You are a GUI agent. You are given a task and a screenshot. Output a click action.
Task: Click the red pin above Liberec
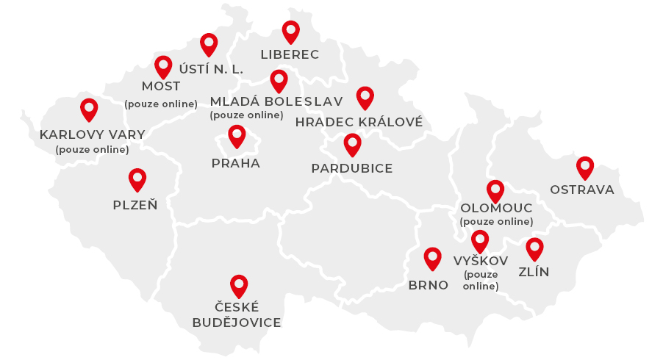pyautogui.click(x=291, y=32)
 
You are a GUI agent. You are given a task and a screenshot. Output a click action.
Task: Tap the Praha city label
pyautogui.click(x=236, y=163)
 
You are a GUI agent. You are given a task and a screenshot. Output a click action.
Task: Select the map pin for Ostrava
pyautogui.click(x=584, y=168)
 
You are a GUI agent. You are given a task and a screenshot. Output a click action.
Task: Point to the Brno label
pyautogui.click(x=428, y=285)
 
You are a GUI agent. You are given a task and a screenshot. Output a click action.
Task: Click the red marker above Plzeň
pyautogui.click(x=137, y=180)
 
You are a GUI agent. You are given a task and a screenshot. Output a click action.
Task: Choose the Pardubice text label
pyautogui.click(x=351, y=168)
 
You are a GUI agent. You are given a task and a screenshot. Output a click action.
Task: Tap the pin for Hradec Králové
pyautogui.click(x=365, y=98)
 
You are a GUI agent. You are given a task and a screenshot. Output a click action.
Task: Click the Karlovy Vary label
pyautogui.click(x=93, y=134)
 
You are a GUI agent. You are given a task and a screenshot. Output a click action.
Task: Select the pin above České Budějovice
pyautogui.click(x=239, y=286)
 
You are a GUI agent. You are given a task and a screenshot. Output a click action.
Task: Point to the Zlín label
pyautogui.click(x=534, y=273)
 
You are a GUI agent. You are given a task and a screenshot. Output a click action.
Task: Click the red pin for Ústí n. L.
pyautogui.click(x=209, y=45)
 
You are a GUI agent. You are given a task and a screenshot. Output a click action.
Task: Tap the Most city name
pyautogui.click(x=161, y=87)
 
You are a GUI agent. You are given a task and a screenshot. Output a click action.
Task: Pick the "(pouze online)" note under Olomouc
pyautogui.click(x=496, y=221)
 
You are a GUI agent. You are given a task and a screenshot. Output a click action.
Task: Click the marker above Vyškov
pyautogui.click(x=480, y=241)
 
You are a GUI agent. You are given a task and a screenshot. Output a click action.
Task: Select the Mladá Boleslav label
pyautogui.click(x=276, y=101)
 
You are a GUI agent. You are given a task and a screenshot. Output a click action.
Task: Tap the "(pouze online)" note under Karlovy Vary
pyautogui.click(x=92, y=149)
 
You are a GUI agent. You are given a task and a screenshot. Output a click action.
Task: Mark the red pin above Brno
pyautogui.click(x=433, y=258)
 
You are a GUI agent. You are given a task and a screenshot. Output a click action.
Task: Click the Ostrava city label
pyautogui.click(x=582, y=190)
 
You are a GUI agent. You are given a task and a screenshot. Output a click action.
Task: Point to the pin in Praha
pyautogui.click(x=237, y=136)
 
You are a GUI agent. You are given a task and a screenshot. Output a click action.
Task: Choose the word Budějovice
pyautogui.click(x=237, y=323)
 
